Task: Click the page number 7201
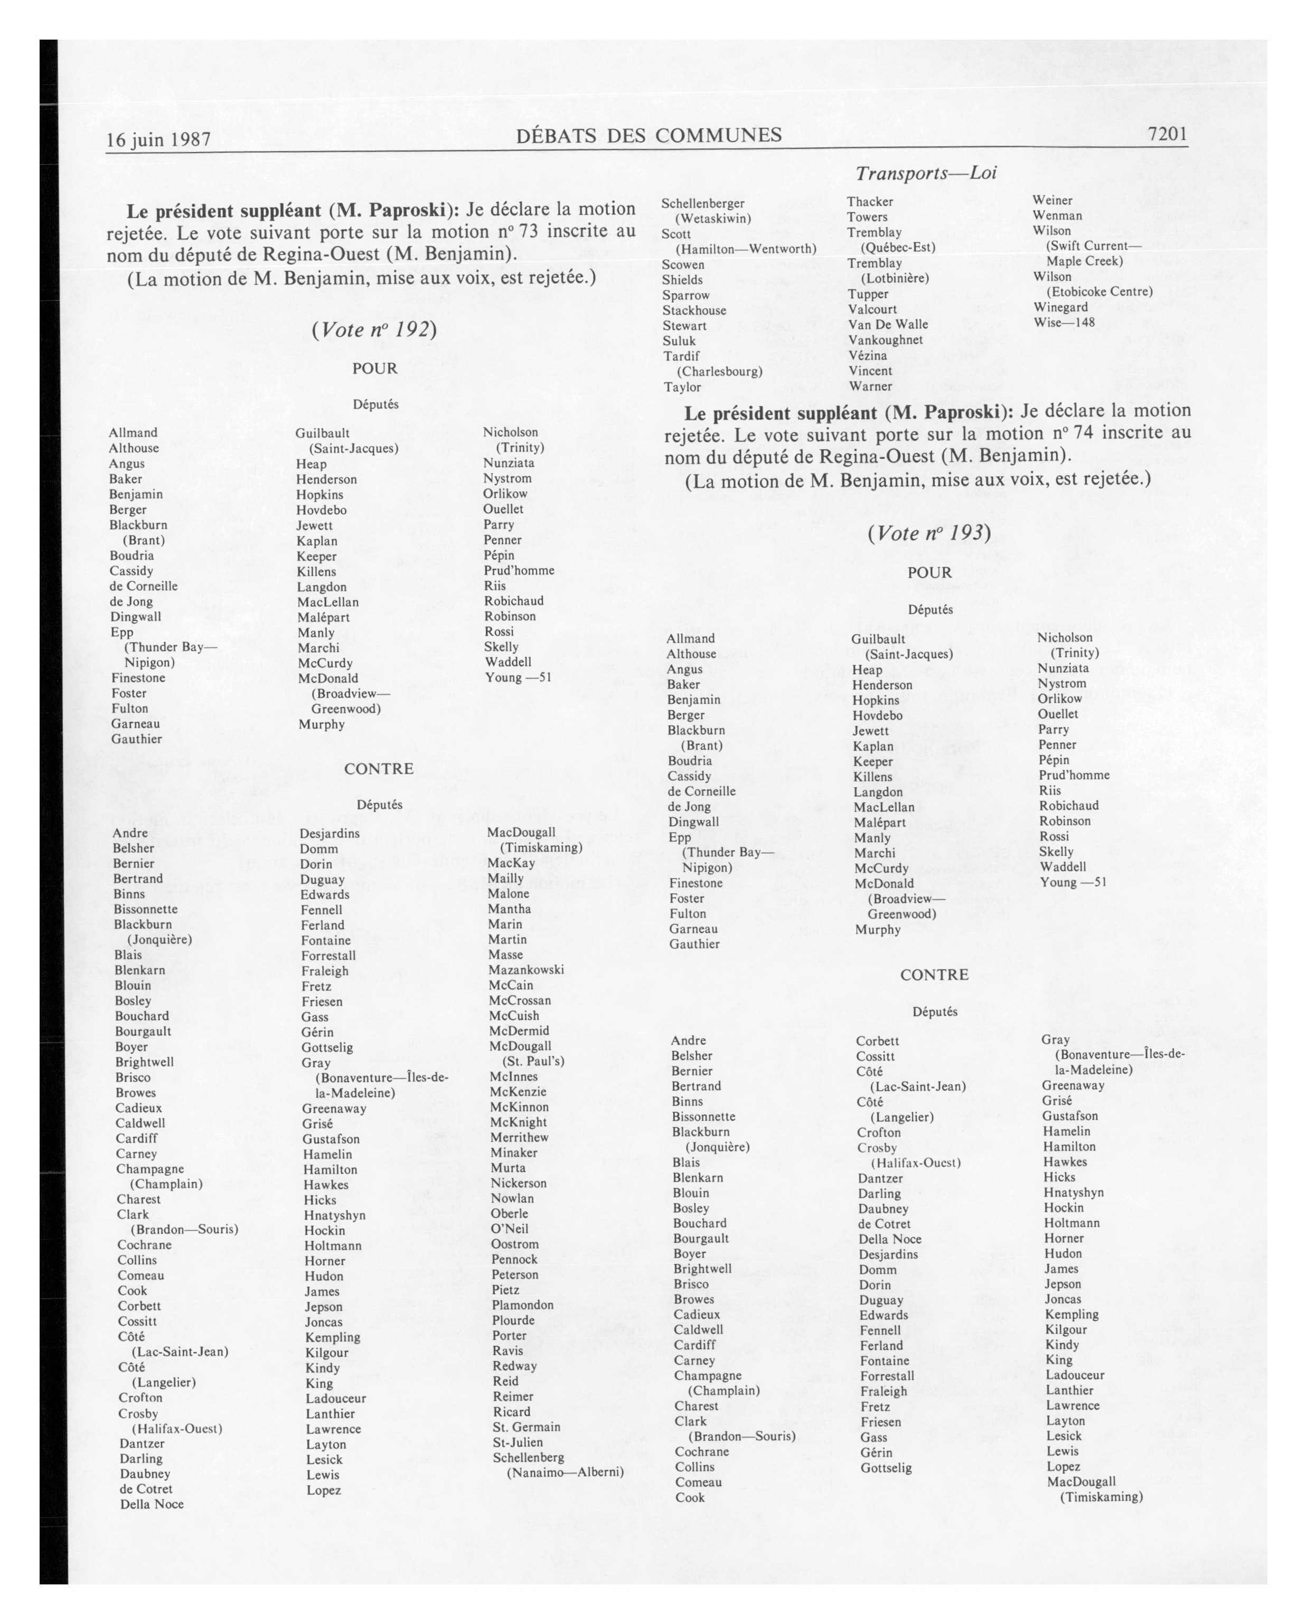click(x=1167, y=134)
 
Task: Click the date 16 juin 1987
click(x=158, y=139)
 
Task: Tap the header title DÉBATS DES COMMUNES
click(x=648, y=136)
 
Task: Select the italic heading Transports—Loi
click(x=926, y=173)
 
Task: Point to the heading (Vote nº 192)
click(x=374, y=330)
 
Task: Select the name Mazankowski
click(x=526, y=969)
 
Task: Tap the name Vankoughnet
click(x=885, y=339)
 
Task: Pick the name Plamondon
click(x=523, y=1305)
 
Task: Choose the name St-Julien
click(x=518, y=1442)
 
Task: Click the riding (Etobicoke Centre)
click(x=1099, y=291)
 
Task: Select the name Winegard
click(x=1061, y=307)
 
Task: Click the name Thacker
click(x=870, y=201)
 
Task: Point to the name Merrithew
click(x=519, y=1137)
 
